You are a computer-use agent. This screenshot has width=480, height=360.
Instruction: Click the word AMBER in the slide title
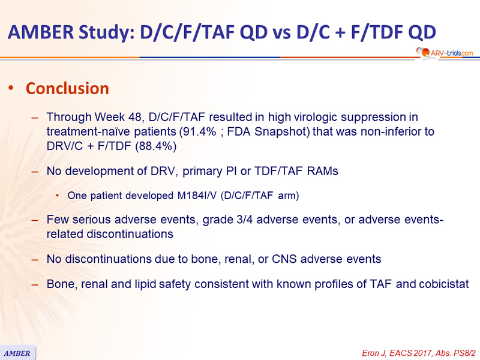tap(41, 32)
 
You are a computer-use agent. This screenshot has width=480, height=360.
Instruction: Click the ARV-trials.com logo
tap(445, 53)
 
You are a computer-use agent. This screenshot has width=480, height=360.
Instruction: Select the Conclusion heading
tap(67, 88)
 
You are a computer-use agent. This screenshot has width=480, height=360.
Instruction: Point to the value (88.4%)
tap(156, 146)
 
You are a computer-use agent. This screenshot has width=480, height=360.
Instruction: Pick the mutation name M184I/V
tap(197, 196)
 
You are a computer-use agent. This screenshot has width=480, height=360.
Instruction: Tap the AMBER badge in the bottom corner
tap(17, 353)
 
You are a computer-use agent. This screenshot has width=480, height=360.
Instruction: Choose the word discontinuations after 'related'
tap(130, 234)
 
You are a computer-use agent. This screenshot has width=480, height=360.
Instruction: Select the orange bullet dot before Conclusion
tap(11, 88)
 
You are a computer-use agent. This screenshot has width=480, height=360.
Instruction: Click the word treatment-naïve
tap(88, 131)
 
